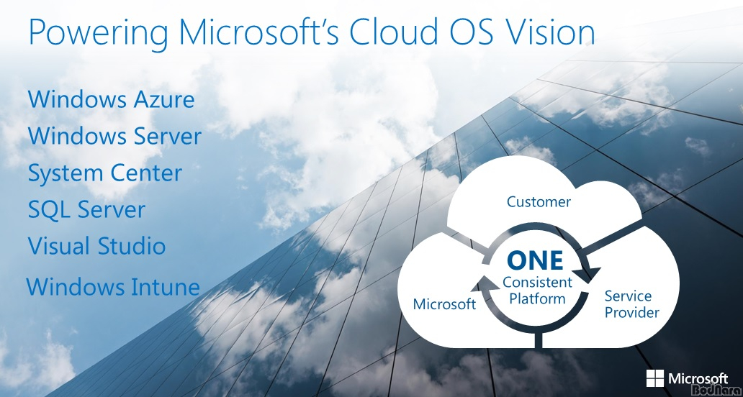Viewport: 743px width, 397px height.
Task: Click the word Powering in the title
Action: (98, 32)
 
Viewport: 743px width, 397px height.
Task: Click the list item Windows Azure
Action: (112, 99)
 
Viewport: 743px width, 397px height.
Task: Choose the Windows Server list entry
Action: (114, 136)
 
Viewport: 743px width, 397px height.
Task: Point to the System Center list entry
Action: (104, 173)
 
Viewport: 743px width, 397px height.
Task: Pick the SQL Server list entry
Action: (86, 209)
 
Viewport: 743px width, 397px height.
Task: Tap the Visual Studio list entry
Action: (96, 245)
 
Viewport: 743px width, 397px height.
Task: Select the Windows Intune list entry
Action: (113, 287)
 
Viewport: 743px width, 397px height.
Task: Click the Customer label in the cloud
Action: (539, 201)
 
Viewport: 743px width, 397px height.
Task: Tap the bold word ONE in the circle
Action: (535, 260)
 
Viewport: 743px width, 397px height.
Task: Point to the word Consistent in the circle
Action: (537, 283)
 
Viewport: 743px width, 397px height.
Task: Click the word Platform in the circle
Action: (537, 298)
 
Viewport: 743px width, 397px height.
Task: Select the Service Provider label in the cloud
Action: (631, 304)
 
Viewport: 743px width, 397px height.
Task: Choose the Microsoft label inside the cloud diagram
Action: (444, 304)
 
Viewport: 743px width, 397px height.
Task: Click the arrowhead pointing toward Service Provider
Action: (587, 275)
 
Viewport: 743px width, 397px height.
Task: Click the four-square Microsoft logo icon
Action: (655, 378)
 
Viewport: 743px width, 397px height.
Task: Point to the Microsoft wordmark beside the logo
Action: (698, 378)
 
